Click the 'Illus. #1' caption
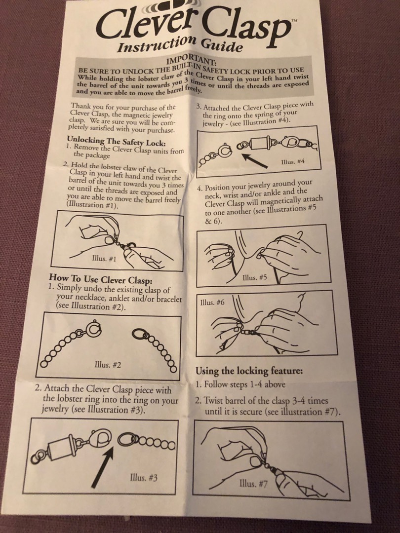[x=104, y=258]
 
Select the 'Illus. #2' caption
[x=108, y=365]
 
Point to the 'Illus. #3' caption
[x=144, y=478]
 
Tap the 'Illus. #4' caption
[x=292, y=161]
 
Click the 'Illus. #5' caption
[x=254, y=277]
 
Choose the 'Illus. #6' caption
[x=212, y=302]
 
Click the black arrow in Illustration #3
[x=103, y=467]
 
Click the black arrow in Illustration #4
[x=254, y=160]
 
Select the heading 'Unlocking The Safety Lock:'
[x=117, y=141]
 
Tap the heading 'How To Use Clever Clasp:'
[x=101, y=279]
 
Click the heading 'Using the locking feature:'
[x=249, y=371]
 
